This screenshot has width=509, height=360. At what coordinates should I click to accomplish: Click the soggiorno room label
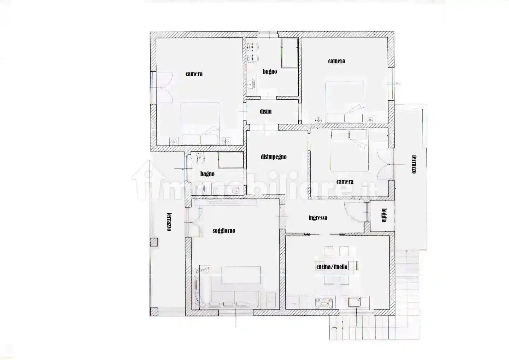click(x=224, y=231)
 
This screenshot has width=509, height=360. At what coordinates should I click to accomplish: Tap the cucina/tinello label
click(x=332, y=267)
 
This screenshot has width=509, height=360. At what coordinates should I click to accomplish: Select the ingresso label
click(x=318, y=218)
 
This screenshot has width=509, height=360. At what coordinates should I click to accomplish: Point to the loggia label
click(x=384, y=215)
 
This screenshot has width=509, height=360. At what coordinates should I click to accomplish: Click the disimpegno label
click(x=274, y=157)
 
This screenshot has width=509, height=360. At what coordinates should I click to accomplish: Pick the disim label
click(x=266, y=111)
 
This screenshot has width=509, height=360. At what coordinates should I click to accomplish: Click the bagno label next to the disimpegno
click(x=207, y=174)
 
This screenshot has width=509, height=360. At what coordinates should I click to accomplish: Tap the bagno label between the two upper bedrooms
click(x=270, y=72)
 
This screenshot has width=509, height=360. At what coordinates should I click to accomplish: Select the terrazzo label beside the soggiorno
click(x=169, y=222)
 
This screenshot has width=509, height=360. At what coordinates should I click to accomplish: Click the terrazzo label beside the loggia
click(x=414, y=164)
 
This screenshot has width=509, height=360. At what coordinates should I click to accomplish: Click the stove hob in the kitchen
click(x=324, y=303)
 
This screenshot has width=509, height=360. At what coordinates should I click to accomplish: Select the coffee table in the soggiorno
click(x=241, y=275)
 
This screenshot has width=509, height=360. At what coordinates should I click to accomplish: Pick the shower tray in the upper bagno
click(x=289, y=53)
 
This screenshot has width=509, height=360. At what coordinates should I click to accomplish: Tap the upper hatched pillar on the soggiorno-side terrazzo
click(x=154, y=242)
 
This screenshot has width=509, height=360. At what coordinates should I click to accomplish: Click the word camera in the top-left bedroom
click(x=194, y=74)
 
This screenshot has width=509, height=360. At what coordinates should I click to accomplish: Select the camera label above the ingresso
click(x=345, y=182)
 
